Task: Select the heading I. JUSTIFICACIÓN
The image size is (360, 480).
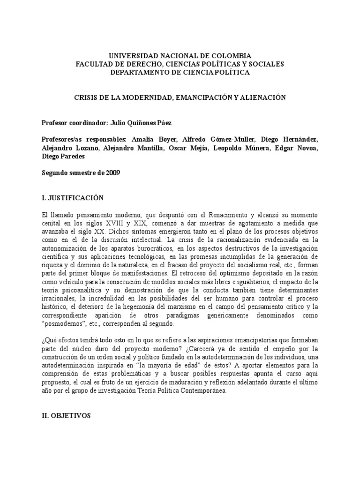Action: [x=72, y=198]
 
